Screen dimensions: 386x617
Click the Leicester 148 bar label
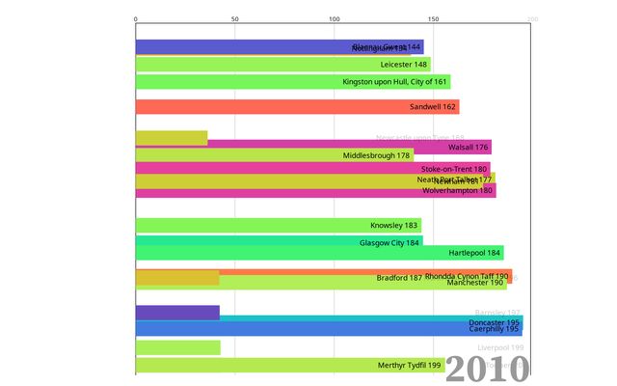[404, 65]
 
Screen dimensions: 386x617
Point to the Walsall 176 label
[469, 148]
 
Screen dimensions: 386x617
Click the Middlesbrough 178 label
[376, 155]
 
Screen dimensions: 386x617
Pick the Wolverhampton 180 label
[458, 190]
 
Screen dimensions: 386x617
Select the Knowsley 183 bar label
[394, 226]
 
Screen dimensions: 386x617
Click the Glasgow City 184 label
[390, 242]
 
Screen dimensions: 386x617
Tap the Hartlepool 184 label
[475, 253]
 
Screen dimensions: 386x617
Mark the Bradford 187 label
[399, 278]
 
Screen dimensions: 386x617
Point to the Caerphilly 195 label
[495, 329]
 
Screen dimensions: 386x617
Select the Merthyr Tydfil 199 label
[409, 366]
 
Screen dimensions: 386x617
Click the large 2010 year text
[487, 368]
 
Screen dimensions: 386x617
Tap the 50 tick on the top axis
[235, 19]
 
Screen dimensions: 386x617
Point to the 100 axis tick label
[334, 19]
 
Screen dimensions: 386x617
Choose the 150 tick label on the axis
[433, 19]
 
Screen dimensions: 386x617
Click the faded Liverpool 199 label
[500, 347]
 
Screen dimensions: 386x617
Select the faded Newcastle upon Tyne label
[420, 138]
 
